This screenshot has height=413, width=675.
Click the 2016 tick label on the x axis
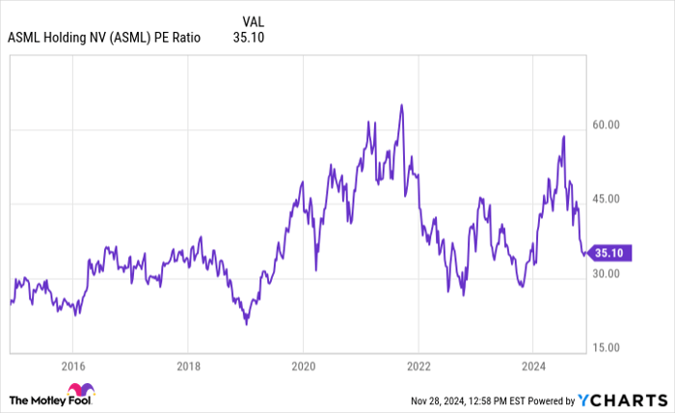73,366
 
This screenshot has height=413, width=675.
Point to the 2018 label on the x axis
188,366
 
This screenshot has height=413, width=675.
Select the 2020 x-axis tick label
303,366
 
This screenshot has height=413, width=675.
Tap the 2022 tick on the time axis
418,366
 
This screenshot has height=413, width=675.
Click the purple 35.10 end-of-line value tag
610,254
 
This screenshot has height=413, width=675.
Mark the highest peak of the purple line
401,104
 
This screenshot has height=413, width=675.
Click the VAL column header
251,20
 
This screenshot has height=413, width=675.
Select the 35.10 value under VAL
249,38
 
